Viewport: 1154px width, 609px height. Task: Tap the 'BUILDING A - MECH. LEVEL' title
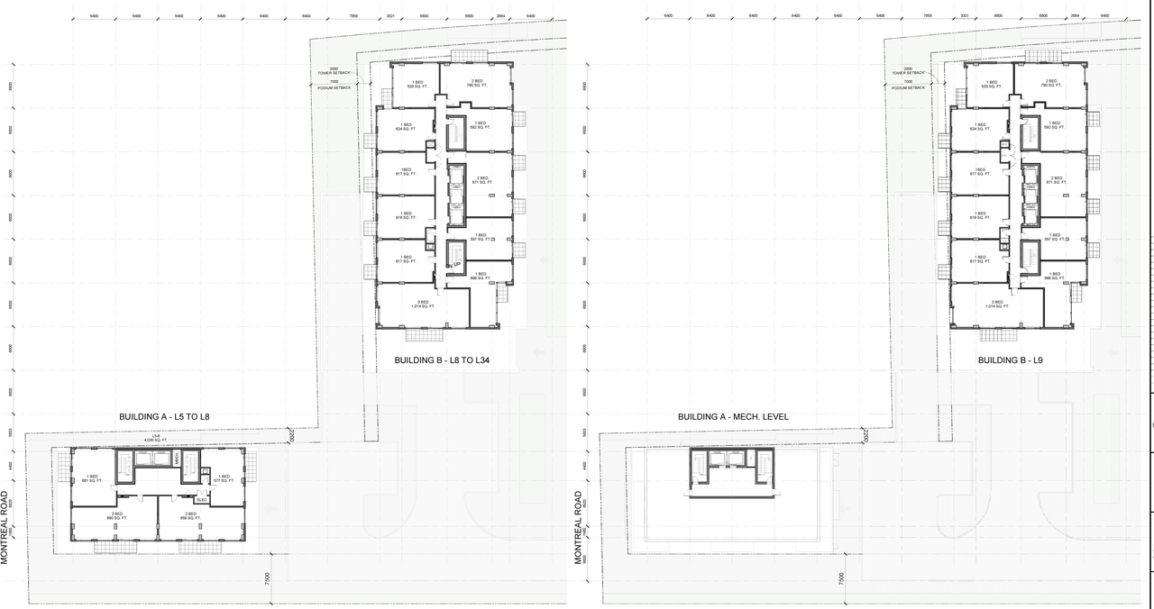coord(733,417)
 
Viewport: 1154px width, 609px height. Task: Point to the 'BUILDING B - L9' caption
coord(1010,360)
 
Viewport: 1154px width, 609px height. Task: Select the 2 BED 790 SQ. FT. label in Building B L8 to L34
coord(477,85)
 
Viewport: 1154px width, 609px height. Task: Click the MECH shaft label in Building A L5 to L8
coord(178,459)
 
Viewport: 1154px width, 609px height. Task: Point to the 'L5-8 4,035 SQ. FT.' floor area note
coord(156,438)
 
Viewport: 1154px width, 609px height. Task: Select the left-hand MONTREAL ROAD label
coord(5,527)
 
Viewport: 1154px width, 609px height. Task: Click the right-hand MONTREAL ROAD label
coord(580,527)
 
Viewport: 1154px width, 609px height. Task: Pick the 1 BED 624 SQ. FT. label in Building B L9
coord(979,127)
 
